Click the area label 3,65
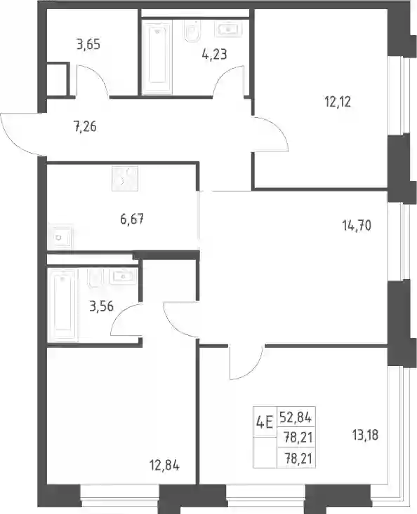point(88,44)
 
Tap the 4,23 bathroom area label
point(215,54)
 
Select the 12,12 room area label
point(338,102)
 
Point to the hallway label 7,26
point(85,126)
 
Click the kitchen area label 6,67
point(132,219)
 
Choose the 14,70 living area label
point(357,226)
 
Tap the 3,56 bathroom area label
point(101,306)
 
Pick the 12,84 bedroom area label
point(164,465)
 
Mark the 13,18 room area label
point(365,435)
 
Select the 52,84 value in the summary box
point(296,417)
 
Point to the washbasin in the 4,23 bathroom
point(229,29)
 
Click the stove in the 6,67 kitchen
point(125,179)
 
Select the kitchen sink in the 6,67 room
point(60,237)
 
